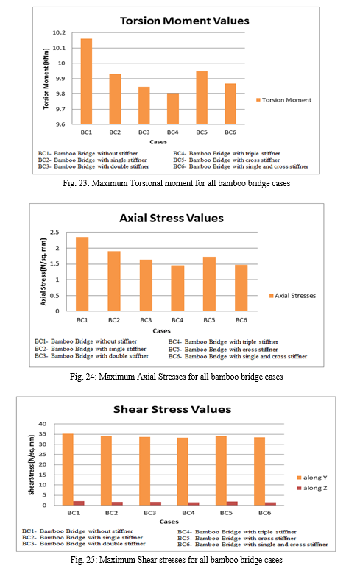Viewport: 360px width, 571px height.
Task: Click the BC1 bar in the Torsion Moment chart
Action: click(86, 81)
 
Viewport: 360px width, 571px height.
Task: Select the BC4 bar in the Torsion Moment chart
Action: click(173, 109)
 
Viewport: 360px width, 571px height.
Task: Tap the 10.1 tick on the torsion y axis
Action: click(59, 48)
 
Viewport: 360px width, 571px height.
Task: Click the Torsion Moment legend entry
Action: click(284, 100)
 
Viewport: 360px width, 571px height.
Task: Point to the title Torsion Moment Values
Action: click(185, 21)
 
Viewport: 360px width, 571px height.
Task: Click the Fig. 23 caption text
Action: click(177, 182)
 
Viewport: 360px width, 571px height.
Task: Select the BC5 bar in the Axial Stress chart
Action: click(209, 284)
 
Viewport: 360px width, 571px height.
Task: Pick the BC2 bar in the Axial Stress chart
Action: click(114, 281)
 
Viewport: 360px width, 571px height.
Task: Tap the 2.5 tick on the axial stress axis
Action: click(54, 233)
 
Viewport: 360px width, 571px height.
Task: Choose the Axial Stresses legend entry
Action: click(292, 296)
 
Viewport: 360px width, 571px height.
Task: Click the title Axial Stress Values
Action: click(172, 218)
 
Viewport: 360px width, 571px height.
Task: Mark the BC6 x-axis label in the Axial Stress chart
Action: click(241, 320)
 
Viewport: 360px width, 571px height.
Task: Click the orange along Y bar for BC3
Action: click(144, 471)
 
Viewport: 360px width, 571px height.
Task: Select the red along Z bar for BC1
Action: click(79, 503)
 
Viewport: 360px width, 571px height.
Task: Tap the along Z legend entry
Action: click(312, 488)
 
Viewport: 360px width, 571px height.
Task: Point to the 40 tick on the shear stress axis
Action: click(43, 424)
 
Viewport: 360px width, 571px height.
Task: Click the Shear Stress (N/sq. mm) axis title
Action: click(32, 464)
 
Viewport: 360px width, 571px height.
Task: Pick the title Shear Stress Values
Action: click(172, 409)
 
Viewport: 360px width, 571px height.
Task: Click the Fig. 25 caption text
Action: click(177, 559)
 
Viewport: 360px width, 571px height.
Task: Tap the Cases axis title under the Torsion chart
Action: click(158, 142)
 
